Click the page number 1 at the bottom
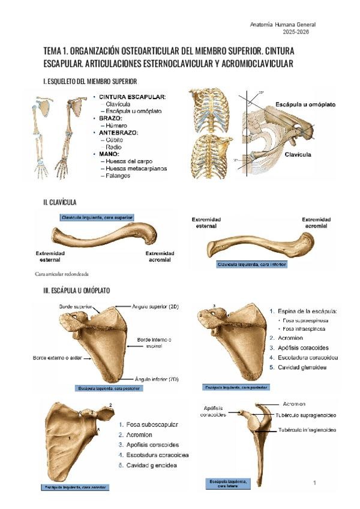[x=314, y=483]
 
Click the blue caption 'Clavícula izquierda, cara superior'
[x=97, y=217]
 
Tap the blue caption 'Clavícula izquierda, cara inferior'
[x=252, y=264]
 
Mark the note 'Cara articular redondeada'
[x=62, y=274]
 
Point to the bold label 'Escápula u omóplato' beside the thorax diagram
[x=305, y=104]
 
